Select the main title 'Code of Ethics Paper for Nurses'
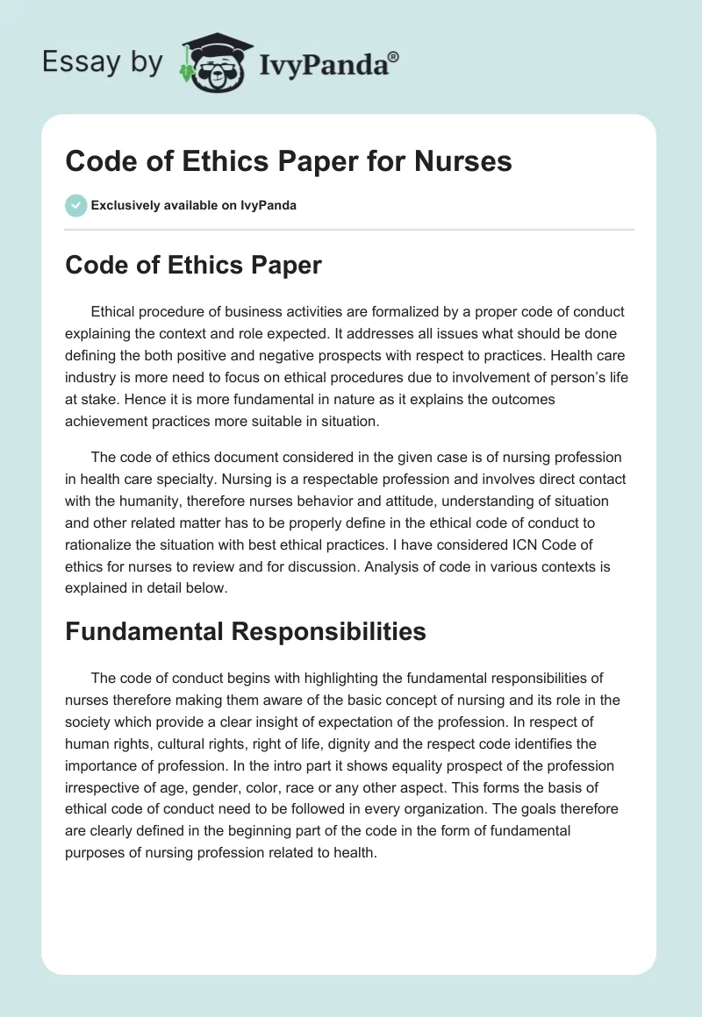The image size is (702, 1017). [x=289, y=162]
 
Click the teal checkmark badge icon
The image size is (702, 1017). [x=75, y=205]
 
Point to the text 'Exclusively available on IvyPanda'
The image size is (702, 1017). [x=194, y=206]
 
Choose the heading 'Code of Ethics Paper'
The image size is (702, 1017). [x=193, y=267]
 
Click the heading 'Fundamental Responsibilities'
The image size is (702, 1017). [x=246, y=632]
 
